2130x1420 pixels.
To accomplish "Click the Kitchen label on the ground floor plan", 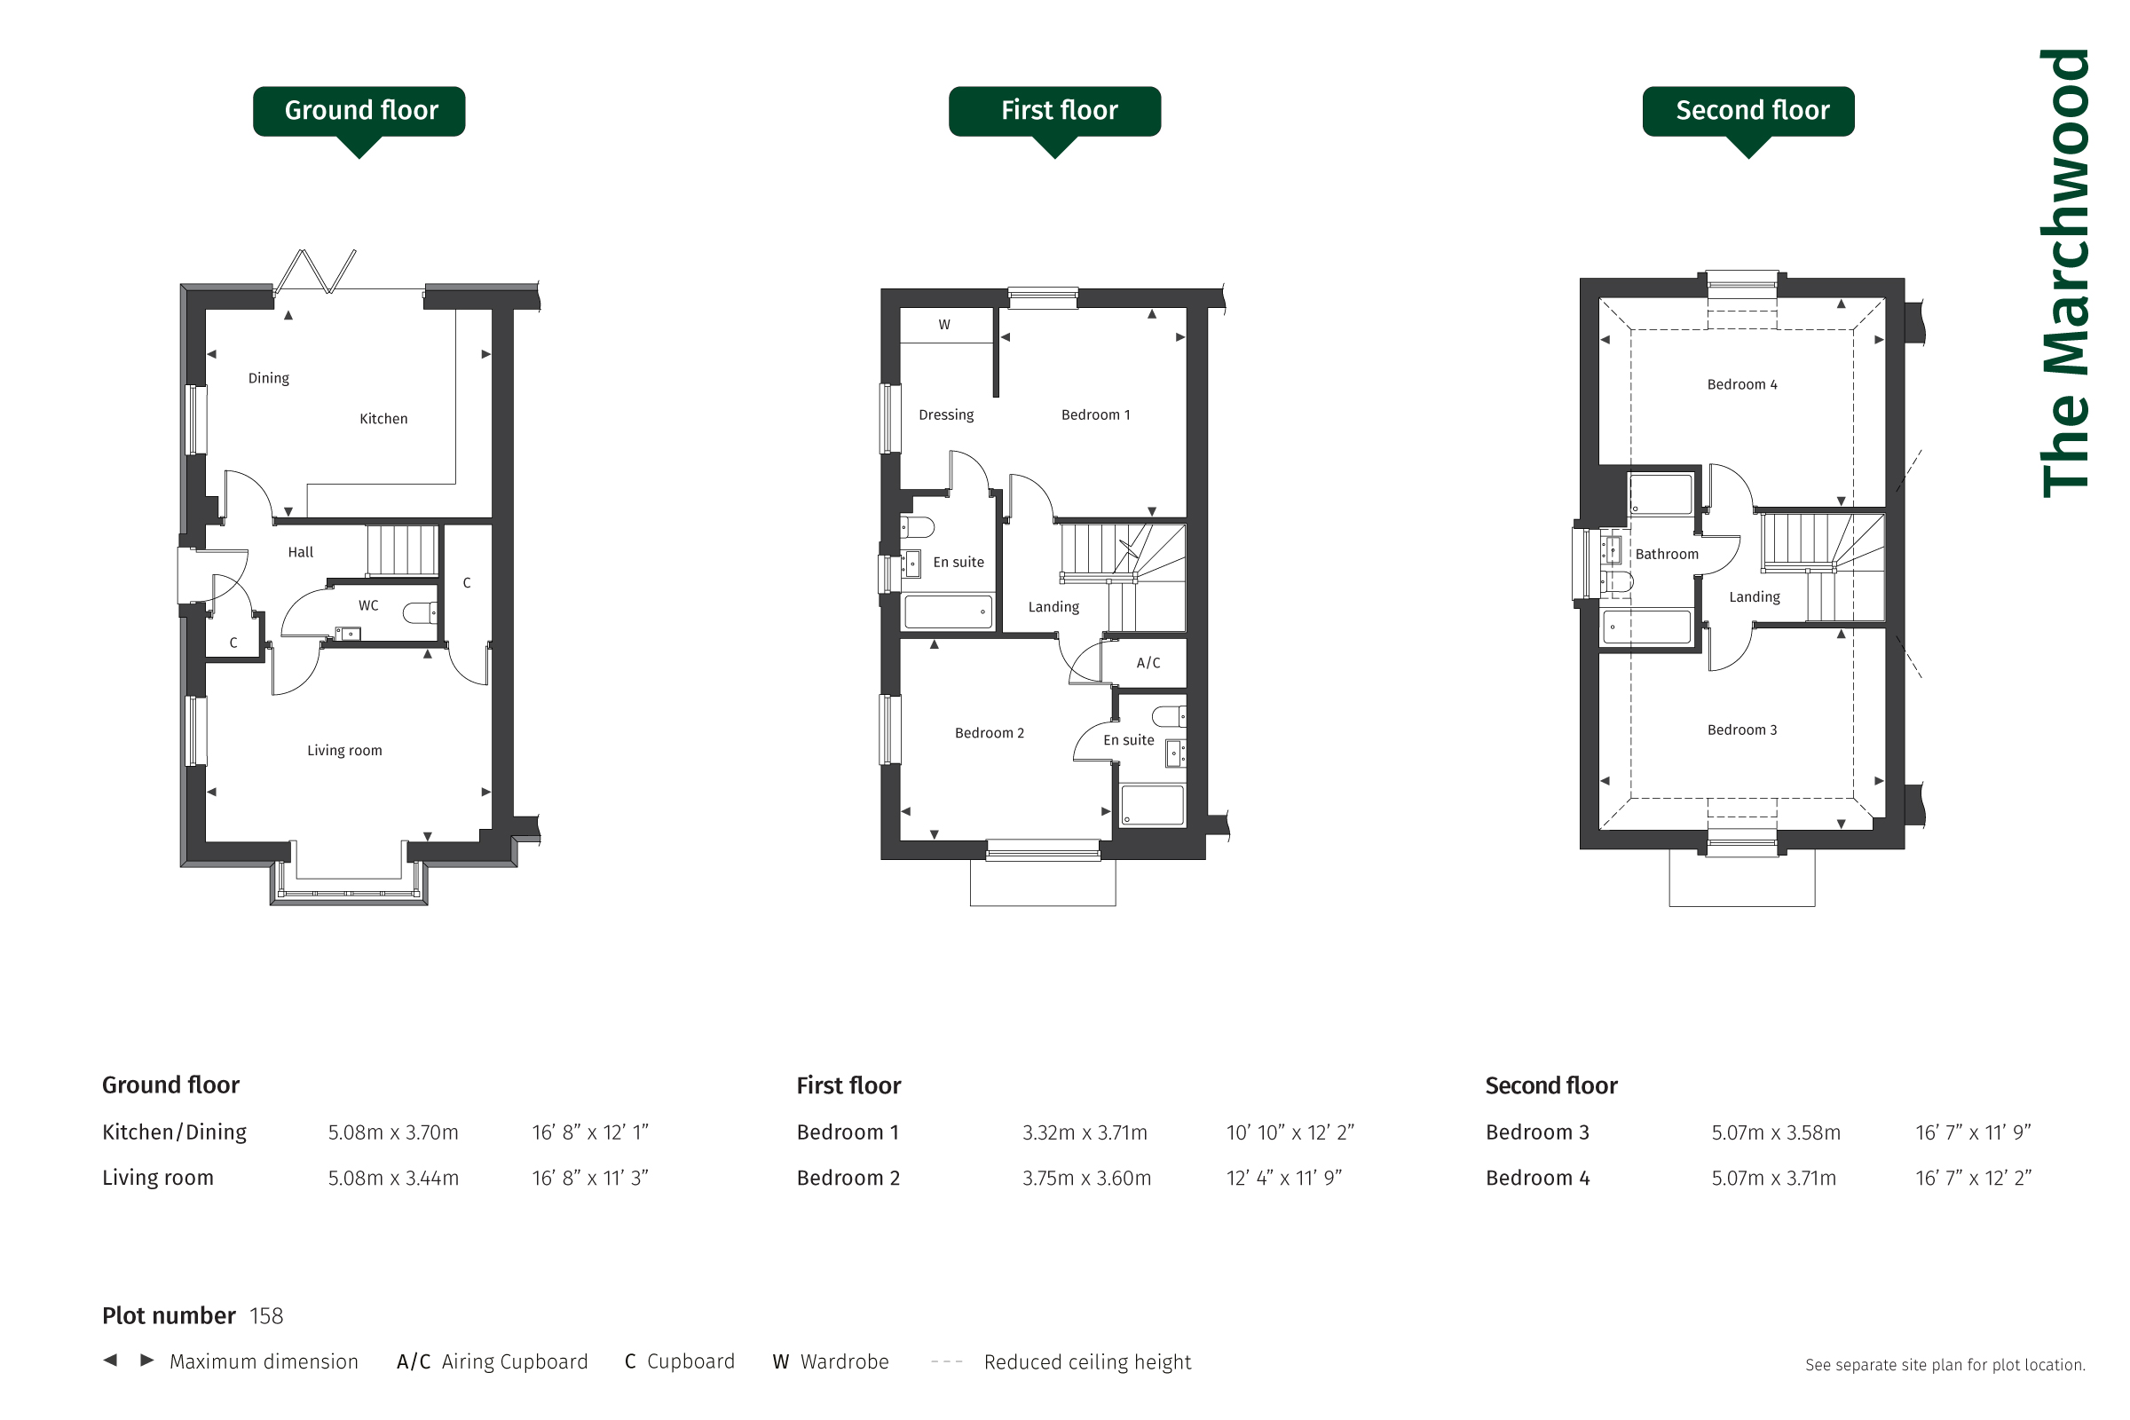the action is [x=383, y=418].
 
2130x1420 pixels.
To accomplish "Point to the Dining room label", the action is [x=269, y=378].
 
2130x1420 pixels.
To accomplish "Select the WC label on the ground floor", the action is [x=368, y=605].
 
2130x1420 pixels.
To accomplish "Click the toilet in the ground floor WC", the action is [x=420, y=613].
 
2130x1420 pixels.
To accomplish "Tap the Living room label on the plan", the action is [x=344, y=750].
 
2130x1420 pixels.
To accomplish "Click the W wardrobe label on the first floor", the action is [x=944, y=324].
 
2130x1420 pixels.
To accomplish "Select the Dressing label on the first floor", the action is [x=946, y=414].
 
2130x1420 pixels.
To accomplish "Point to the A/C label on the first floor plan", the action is [x=1148, y=663].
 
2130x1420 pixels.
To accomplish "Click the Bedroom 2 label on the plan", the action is [x=990, y=733].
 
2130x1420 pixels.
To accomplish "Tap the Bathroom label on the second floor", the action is [x=1668, y=554].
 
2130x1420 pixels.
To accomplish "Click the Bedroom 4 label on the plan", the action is [x=1742, y=384].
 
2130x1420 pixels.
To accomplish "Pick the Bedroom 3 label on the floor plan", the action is [x=1742, y=730].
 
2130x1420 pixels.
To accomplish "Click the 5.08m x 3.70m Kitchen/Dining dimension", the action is [x=393, y=1133].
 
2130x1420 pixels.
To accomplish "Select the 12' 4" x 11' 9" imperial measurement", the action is [x=1284, y=1179].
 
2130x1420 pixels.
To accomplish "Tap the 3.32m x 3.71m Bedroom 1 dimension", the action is [x=1085, y=1133].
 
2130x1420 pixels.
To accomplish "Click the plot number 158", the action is [x=266, y=1316].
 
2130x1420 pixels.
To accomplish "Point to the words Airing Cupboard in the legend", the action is [x=515, y=1362].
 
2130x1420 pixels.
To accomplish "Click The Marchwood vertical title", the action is [x=2066, y=272].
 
